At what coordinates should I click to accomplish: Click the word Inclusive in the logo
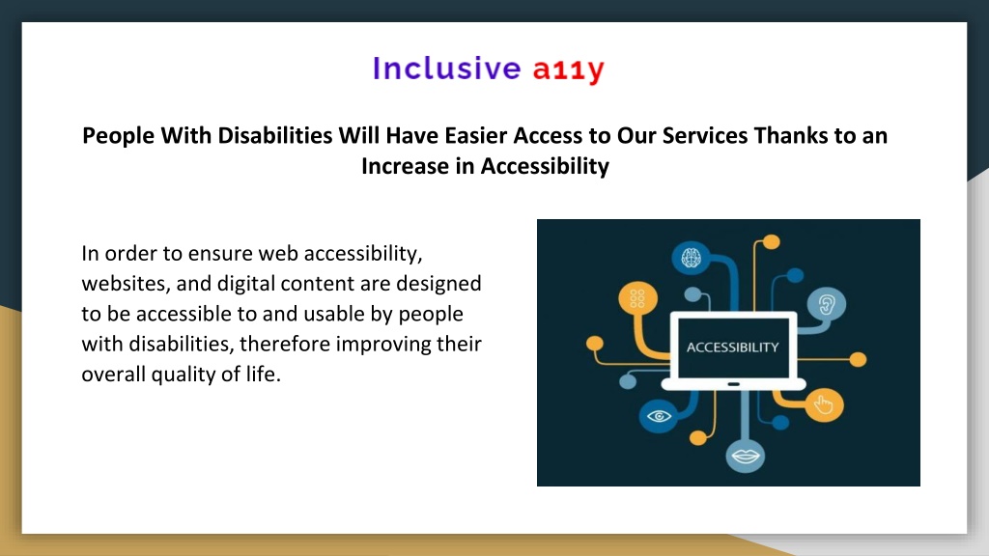pyautogui.click(x=446, y=69)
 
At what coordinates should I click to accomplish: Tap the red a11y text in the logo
pyautogui.click(x=569, y=70)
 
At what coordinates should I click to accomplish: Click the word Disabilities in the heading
pyautogui.click(x=275, y=135)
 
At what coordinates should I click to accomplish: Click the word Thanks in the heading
pyautogui.click(x=791, y=135)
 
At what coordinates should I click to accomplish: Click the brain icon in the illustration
pyautogui.click(x=692, y=257)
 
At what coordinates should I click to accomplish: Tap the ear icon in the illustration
pyautogui.click(x=827, y=305)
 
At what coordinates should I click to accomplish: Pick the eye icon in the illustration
pyautogui.click(x=659, y=416)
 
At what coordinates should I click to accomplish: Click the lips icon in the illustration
pyautogui.click(x=745, y=456)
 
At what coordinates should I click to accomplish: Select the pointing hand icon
pyautogui.click(x=824, y=404)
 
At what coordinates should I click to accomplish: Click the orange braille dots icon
pyautogui.click(x=637, y=298)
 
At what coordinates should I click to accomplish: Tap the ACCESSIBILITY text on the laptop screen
pyautogui.click(x=733, y=347)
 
